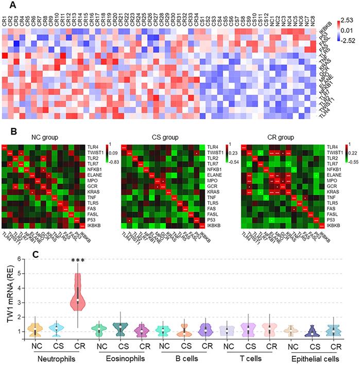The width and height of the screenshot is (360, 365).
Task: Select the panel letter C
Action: coord(36,254)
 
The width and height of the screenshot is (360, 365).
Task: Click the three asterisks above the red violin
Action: coord(78,263)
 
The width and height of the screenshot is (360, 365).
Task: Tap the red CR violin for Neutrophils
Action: coord(78,294)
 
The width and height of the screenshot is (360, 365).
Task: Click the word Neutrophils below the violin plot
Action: coord(57,358)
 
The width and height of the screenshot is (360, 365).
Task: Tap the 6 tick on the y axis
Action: coord(21,259)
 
